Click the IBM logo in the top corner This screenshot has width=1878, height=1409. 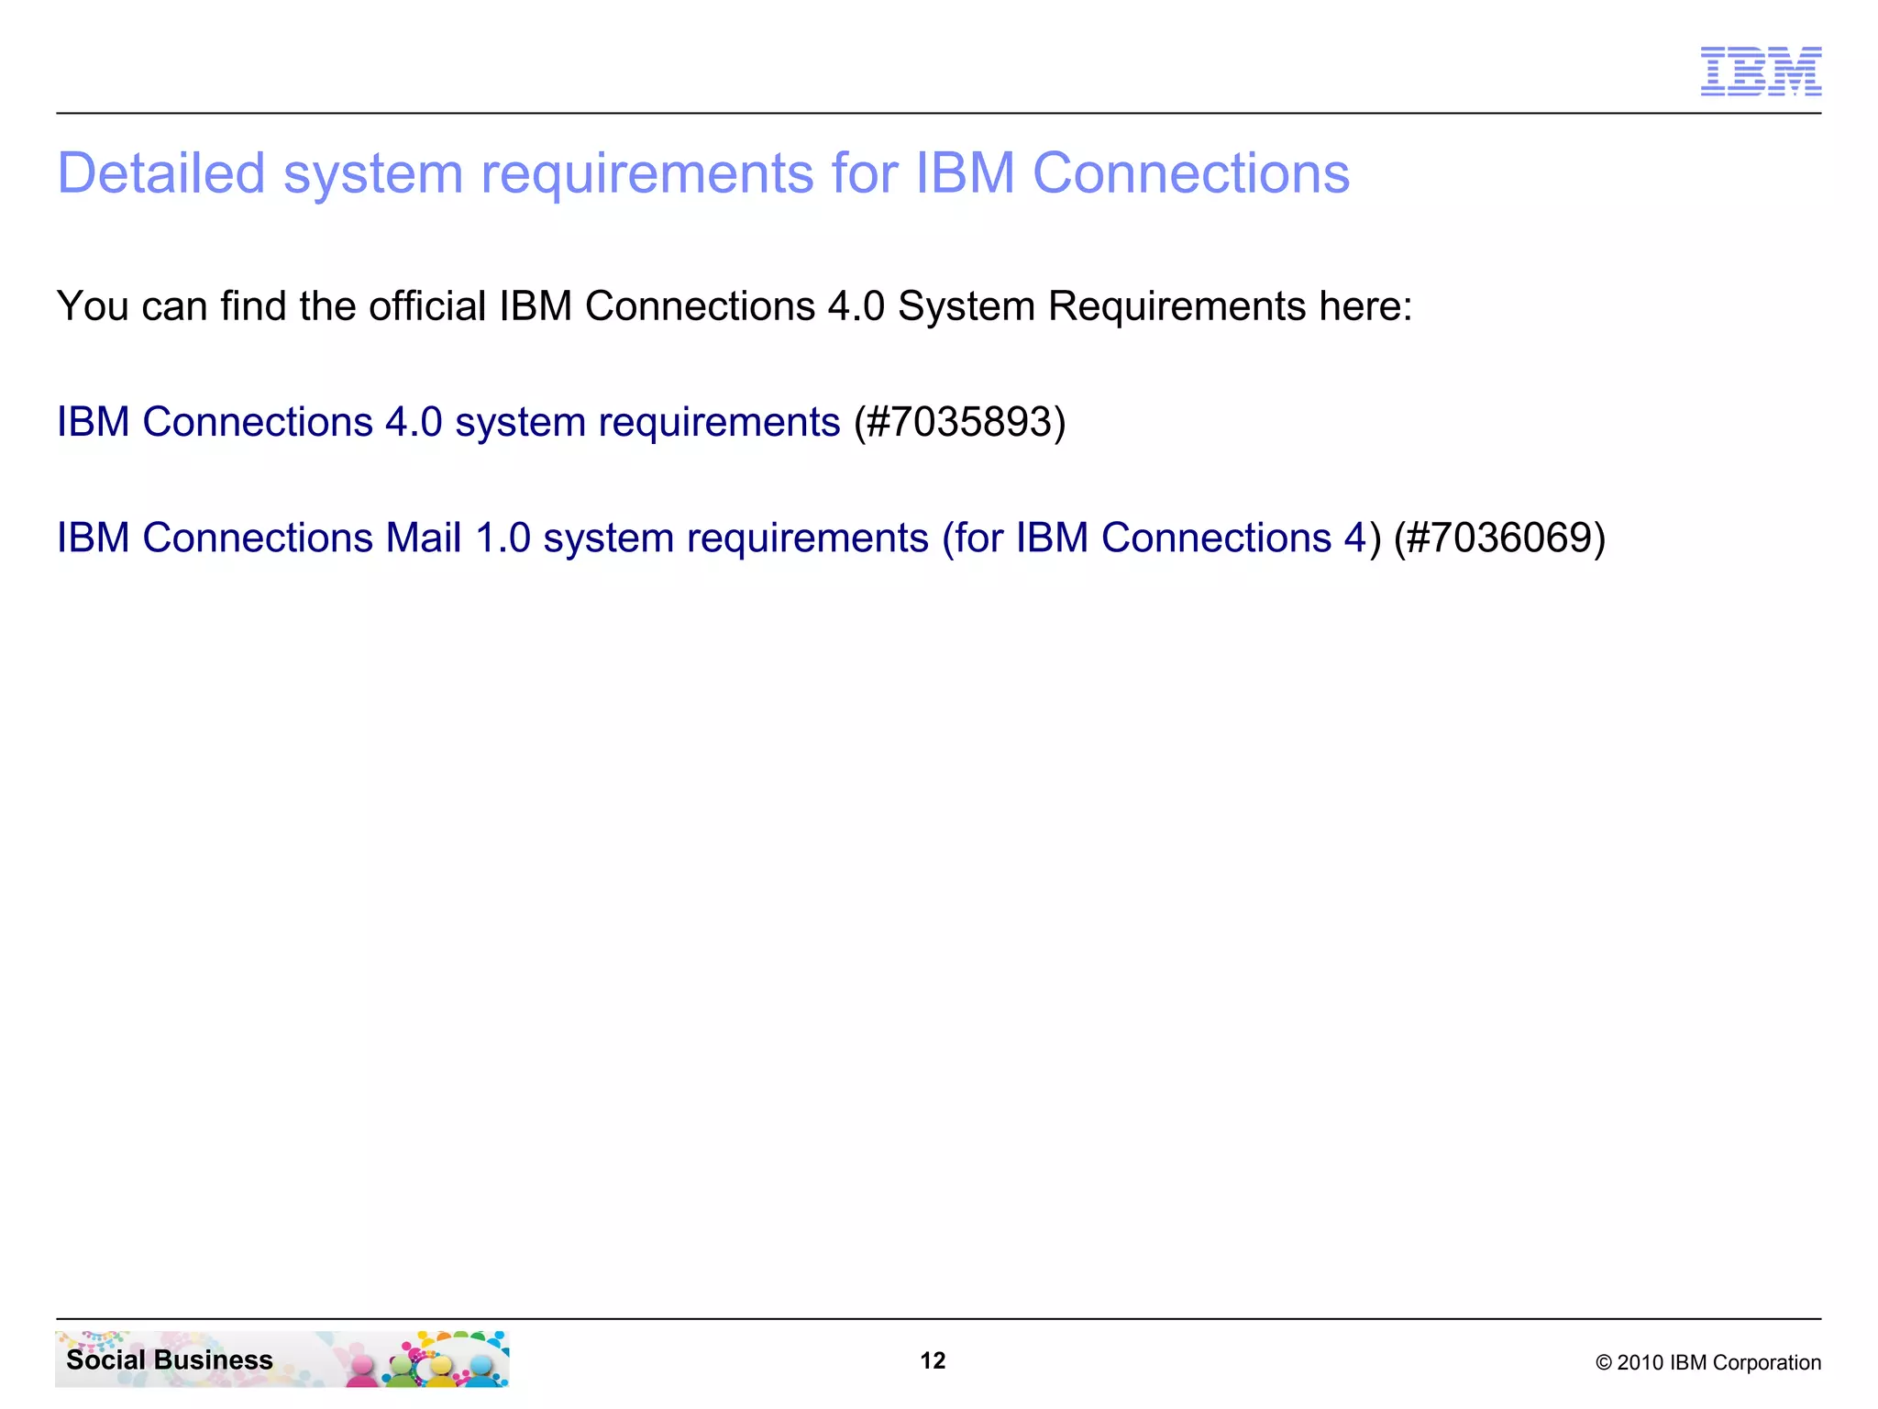(x=1761, y=72)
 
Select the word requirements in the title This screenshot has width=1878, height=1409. (x=646, y=174)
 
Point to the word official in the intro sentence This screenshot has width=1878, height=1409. (x=427, y=305)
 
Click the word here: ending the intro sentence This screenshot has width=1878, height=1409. (x=1365, y=305)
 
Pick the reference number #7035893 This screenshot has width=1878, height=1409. (x=959, y=422)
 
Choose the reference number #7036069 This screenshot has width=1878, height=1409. (x=1499, y=538)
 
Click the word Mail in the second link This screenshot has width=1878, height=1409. (x=423, y=538)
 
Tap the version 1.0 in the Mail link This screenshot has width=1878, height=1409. (x=503, y=538)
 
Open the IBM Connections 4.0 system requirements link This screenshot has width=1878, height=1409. (x=448, y=422)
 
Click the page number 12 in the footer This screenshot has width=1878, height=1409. (x=933, y=1360)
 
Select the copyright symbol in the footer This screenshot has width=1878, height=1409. (x=1604, y=1363)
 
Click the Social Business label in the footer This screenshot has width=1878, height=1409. (x=170, y=1359)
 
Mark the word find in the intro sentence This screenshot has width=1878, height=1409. (x=253, y=305)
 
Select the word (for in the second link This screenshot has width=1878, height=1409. (x=973, y=538)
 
